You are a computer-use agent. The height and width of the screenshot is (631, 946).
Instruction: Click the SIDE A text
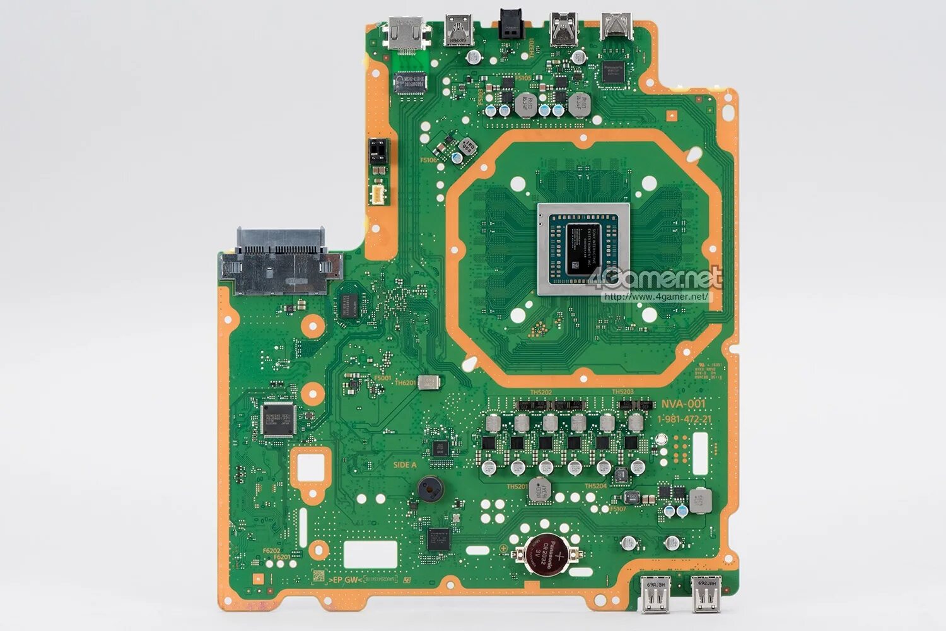click(405, 465)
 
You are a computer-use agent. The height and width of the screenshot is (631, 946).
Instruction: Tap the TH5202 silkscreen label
click(540, 392)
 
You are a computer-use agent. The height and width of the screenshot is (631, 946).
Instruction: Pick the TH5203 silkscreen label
click(622, 392)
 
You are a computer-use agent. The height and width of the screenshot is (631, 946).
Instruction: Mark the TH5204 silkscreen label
click(595, 486)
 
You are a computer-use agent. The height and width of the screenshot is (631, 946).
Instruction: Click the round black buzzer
click(429, 487)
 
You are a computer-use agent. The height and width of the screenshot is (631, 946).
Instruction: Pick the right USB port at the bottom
click(704, 593)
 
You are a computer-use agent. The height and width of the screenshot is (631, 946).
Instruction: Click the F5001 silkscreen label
click(382, 378)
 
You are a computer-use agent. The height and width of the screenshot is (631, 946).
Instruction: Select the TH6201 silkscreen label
click(405, 383)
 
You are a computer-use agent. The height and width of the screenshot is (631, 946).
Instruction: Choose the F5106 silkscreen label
click(428, 160)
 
